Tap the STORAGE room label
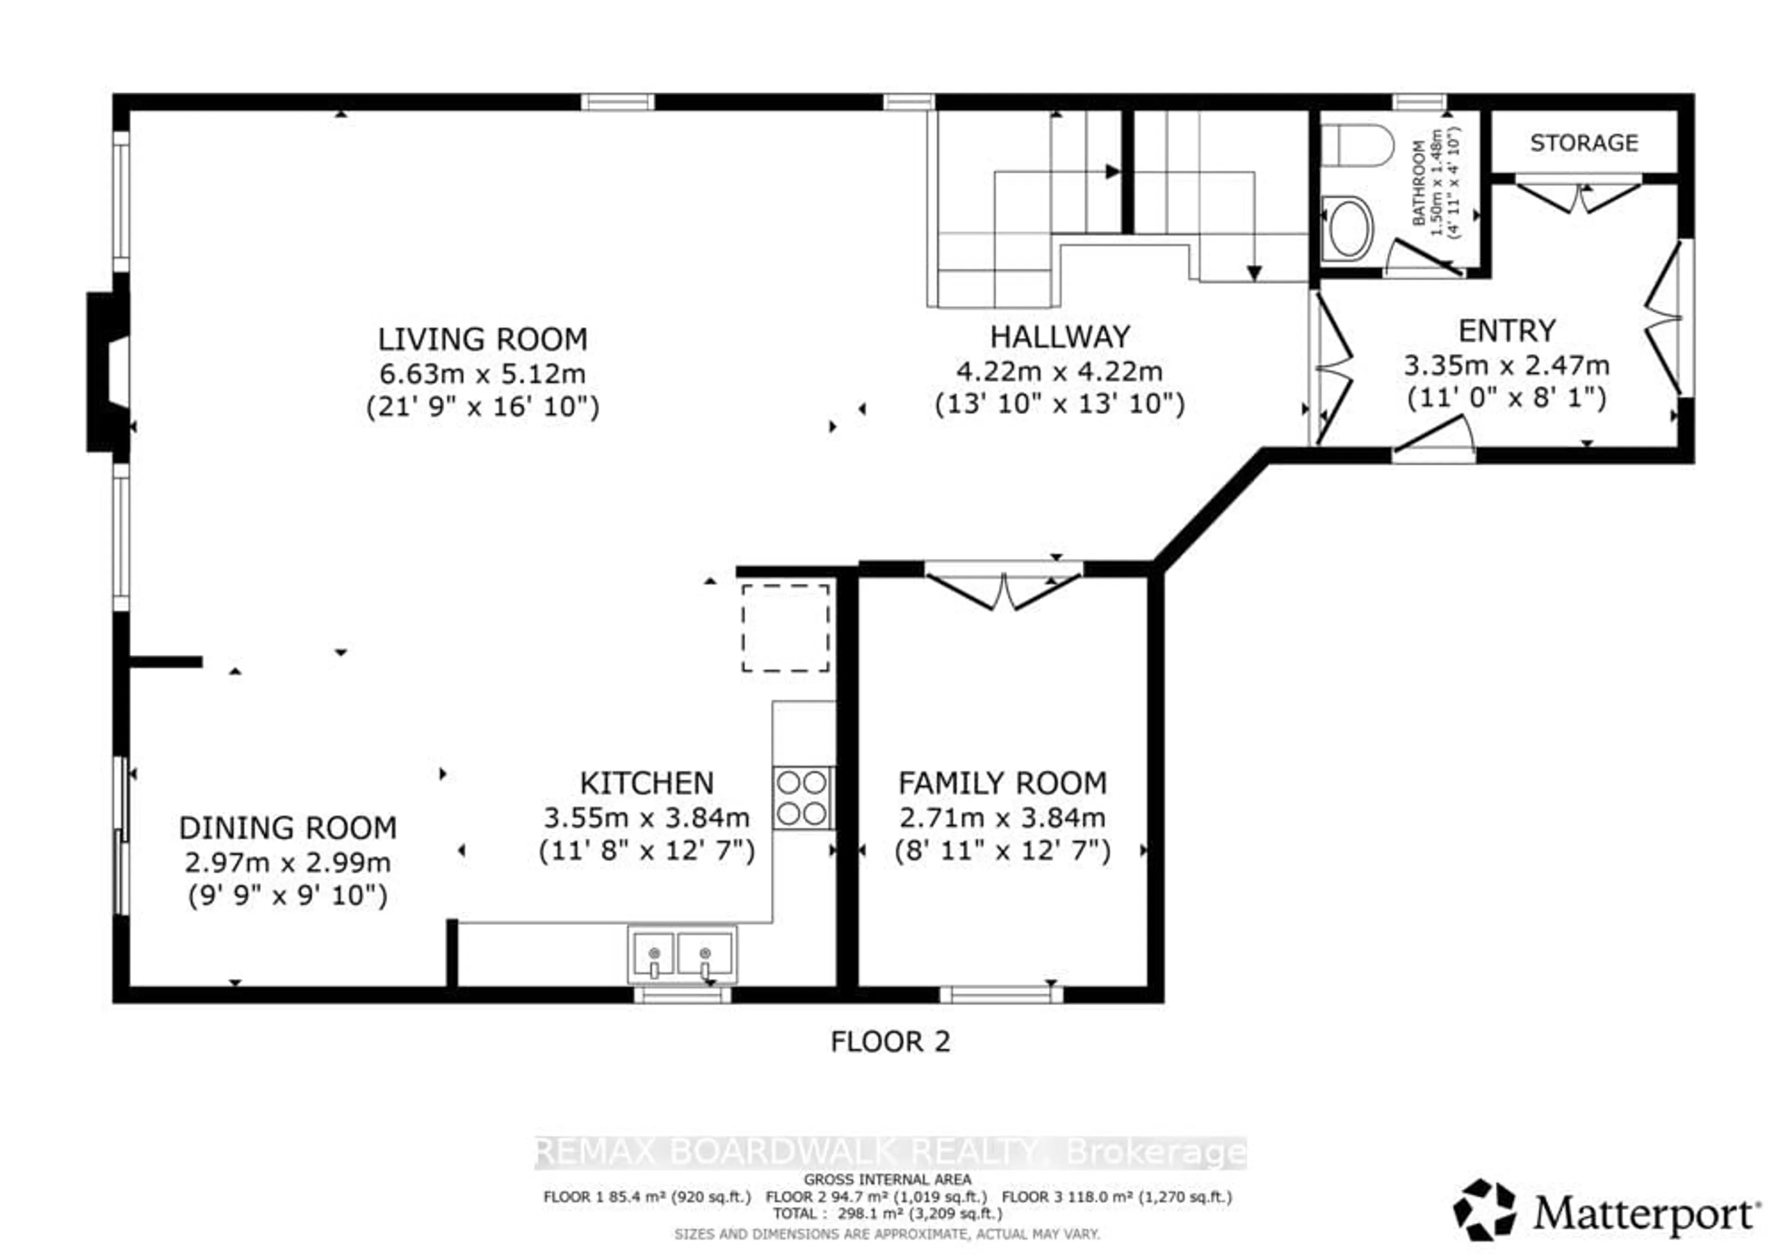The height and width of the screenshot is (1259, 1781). point(1583,143)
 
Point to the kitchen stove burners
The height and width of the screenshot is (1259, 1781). point(802,798)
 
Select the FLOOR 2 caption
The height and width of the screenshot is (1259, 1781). point(890,1041)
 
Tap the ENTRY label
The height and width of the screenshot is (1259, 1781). point(1506,331)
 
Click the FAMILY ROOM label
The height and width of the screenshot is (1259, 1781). point(1002,784)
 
